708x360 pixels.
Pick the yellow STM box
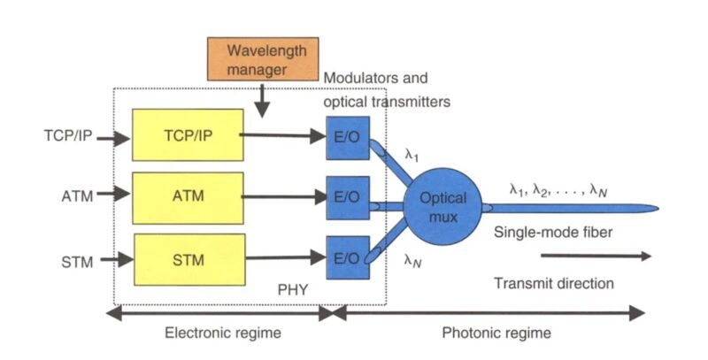tap(187, 261)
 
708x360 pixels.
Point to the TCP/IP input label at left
tap(67, 137)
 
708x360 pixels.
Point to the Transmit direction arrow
tap(596, 257)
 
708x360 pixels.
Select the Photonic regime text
tap(496, 333)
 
